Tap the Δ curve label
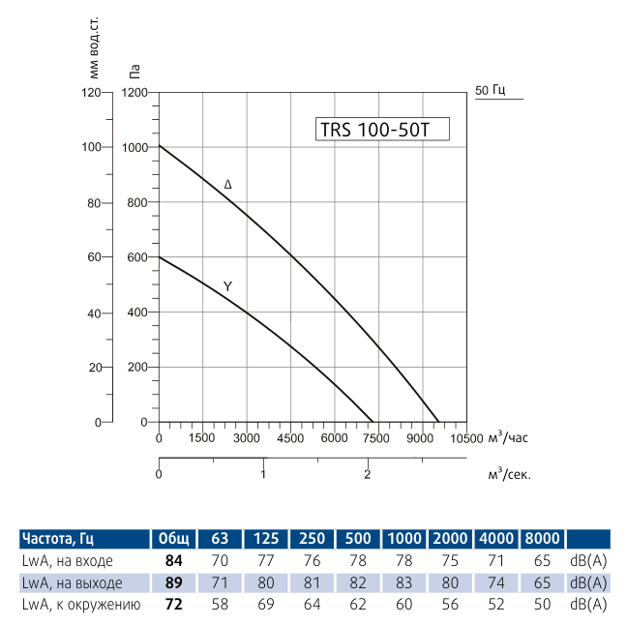(227, 184)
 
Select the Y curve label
(227, 286)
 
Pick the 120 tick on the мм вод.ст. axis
(92, 93)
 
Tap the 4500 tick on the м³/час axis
(290, 438)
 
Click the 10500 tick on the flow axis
(466, 438)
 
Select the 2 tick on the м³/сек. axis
(368, 474)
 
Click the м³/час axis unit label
(507, 437)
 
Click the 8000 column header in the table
(541, 539)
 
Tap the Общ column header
(175, 539)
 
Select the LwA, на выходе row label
(72, 582)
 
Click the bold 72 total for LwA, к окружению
(175, 605)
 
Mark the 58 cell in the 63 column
(221, 605)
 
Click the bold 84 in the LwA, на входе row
(175, 561)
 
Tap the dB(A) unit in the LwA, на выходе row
(588, 582)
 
